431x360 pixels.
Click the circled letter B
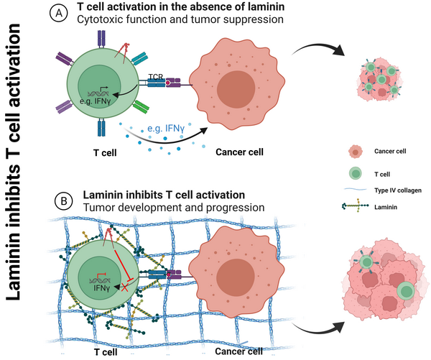(65, 202)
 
